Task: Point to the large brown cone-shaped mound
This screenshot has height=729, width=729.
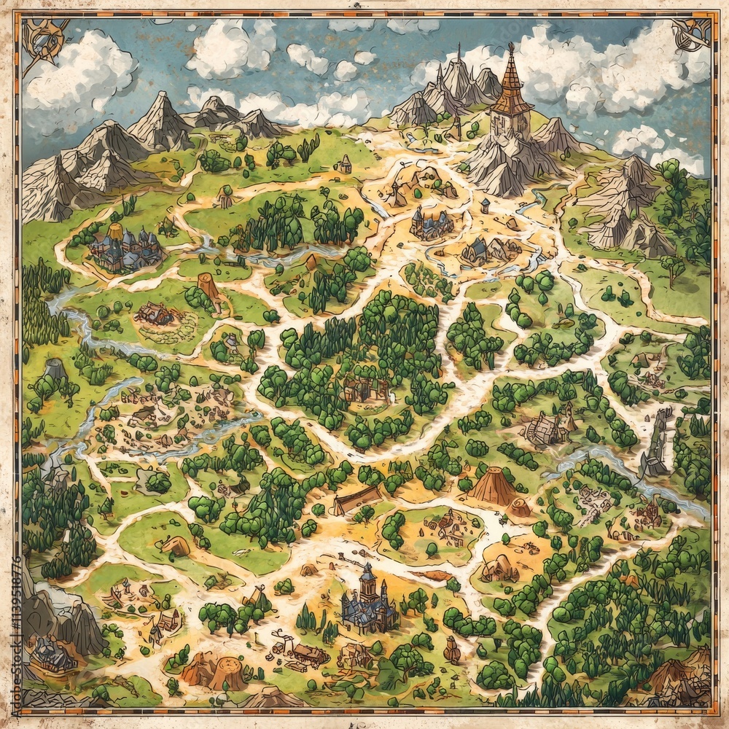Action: click(493, 486)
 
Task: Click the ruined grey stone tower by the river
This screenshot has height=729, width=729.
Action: click(658, 442)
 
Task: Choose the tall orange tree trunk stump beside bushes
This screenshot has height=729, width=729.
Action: click(208, 287)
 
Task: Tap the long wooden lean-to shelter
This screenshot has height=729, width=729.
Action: click(357, 500)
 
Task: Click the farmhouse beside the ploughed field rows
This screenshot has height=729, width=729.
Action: click(155, 314)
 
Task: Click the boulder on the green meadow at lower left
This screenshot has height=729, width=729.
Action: click(176, 545)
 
